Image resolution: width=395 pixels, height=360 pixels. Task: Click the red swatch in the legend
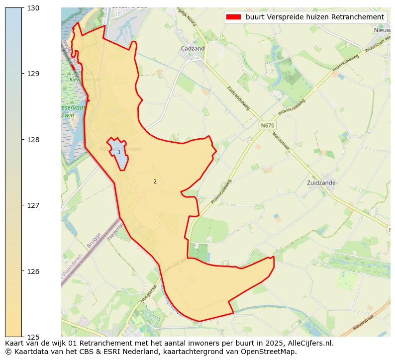233,17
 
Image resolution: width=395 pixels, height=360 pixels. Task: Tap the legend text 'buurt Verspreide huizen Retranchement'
314,17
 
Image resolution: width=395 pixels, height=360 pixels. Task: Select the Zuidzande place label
321,182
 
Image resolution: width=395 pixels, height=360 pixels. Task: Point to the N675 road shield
267,126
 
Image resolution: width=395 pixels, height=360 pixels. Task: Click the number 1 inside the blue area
119,152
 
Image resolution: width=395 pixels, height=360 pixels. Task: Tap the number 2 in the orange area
155,181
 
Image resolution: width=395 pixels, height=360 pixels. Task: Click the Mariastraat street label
281,139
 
